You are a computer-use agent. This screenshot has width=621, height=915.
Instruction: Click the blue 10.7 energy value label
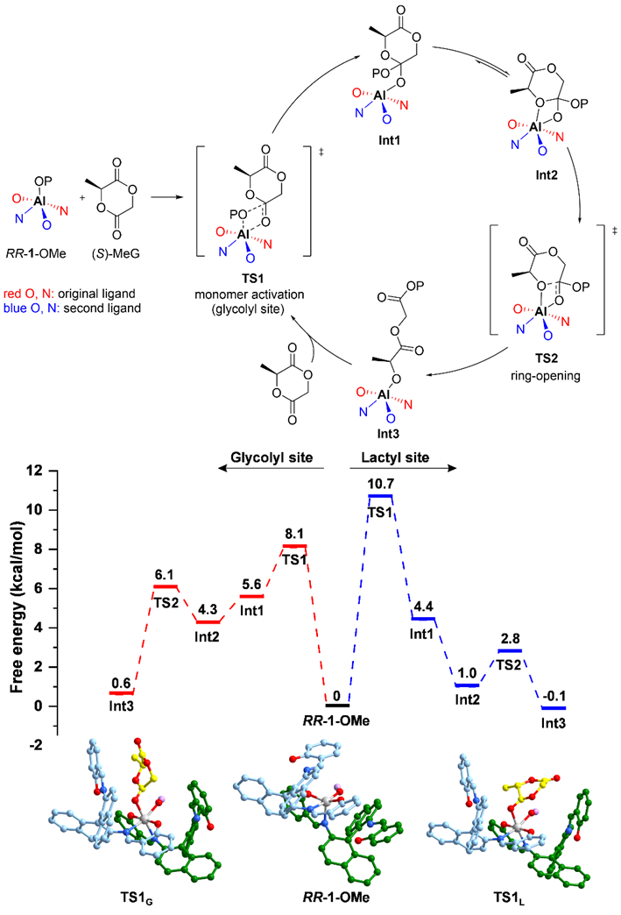coord(380,484)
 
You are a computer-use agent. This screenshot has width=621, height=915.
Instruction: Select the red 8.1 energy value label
coord(294,534)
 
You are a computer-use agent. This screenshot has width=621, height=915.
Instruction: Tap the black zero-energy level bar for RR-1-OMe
coord(337,706)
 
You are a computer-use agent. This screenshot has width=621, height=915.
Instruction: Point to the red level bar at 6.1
coord(166,585)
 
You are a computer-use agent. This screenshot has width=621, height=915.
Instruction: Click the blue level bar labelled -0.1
coord(554,708)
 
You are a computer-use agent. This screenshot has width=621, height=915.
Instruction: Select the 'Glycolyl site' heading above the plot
coord(272,457)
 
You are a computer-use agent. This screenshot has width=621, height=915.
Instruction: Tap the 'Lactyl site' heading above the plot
coord(395,457)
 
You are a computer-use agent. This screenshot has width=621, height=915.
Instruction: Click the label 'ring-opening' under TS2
coord(545,375)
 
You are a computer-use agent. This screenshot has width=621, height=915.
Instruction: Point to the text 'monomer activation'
coord(250,294)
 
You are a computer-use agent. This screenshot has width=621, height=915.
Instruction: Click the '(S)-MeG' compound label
coord(116,253)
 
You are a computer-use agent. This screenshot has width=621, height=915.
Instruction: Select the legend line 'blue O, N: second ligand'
coord(73,309)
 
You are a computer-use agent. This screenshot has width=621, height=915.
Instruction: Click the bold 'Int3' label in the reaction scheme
coord(388,434)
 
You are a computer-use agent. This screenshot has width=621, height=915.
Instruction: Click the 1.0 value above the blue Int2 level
coord(467,673)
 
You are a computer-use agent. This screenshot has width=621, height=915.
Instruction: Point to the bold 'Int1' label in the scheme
coord(390,140)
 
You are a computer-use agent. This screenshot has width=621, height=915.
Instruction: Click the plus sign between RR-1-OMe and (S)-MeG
coord(82,197)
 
